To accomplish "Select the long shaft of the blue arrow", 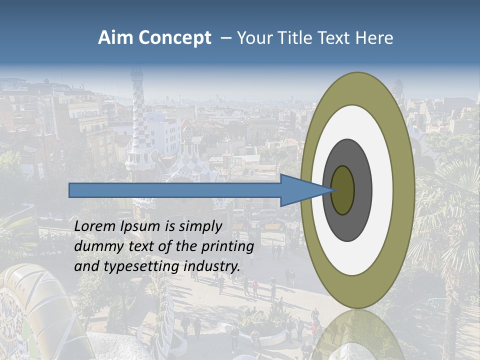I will click(175, 190).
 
